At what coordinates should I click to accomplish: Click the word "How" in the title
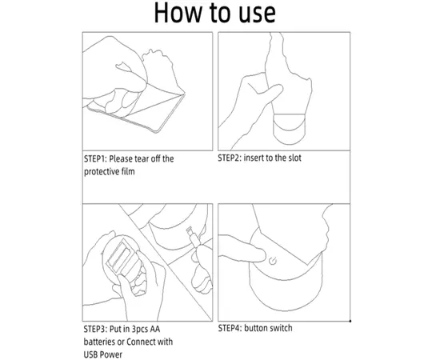click(178, 12)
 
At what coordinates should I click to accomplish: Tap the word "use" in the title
click(257, 14)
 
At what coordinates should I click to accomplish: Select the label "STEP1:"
click(95, 159)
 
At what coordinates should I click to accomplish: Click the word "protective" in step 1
click(102, 172)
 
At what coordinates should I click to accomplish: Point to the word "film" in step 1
click(128, 171)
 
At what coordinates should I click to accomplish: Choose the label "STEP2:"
click(230, 158)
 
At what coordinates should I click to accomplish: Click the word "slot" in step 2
click(294, 158)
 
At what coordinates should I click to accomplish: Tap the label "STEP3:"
click(95, 329)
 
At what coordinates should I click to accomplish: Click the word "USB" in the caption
click(90, 354)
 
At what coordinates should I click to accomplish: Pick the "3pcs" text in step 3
click(139, 330)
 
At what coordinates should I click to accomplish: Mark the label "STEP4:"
click(230, 328)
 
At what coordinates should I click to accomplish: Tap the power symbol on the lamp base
click(273, 262)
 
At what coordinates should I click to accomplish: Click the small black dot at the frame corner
click(350, 321)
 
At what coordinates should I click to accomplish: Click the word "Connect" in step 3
click(140, 342)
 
